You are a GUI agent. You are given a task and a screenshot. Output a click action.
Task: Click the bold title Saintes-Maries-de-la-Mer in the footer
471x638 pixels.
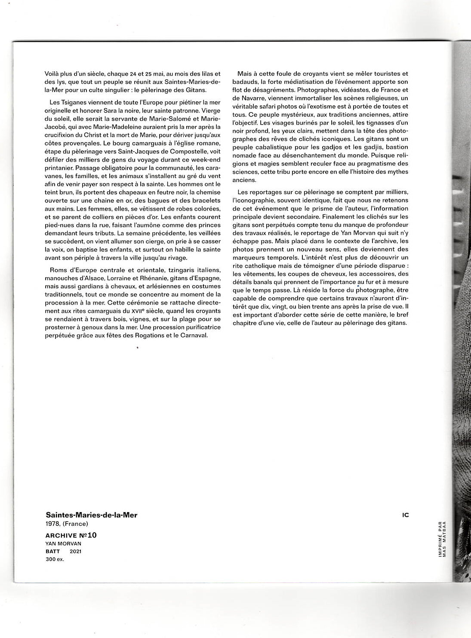tap(91, 515)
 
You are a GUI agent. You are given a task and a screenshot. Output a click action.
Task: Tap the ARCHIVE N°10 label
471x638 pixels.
tap(71, 535)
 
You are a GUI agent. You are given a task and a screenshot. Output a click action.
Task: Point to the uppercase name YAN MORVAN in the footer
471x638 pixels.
tap(63, 543)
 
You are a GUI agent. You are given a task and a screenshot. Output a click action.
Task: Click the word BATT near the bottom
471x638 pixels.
tap(52, 551)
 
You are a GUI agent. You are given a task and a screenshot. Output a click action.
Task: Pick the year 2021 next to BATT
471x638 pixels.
tap(75, 551)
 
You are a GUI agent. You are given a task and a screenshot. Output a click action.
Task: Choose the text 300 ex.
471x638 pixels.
tap(55, 559)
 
